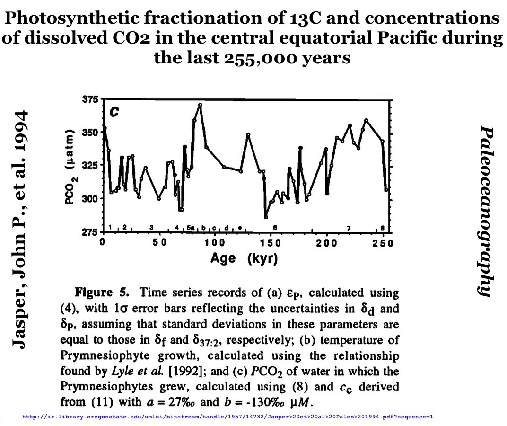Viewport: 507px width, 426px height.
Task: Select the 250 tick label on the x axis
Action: pos(383,243)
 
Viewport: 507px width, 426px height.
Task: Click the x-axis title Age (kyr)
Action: pos(244,259)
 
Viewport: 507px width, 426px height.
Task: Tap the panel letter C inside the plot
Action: pos(114,112)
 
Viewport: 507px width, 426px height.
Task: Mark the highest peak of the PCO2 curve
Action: pos(200,105)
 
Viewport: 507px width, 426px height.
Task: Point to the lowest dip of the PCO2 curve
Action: pos(266,217)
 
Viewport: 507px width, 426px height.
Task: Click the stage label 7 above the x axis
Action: pos(349,229)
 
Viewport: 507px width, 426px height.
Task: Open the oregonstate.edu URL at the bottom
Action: pos(227,417)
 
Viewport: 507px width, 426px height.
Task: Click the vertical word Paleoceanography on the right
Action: pos(488,211)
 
